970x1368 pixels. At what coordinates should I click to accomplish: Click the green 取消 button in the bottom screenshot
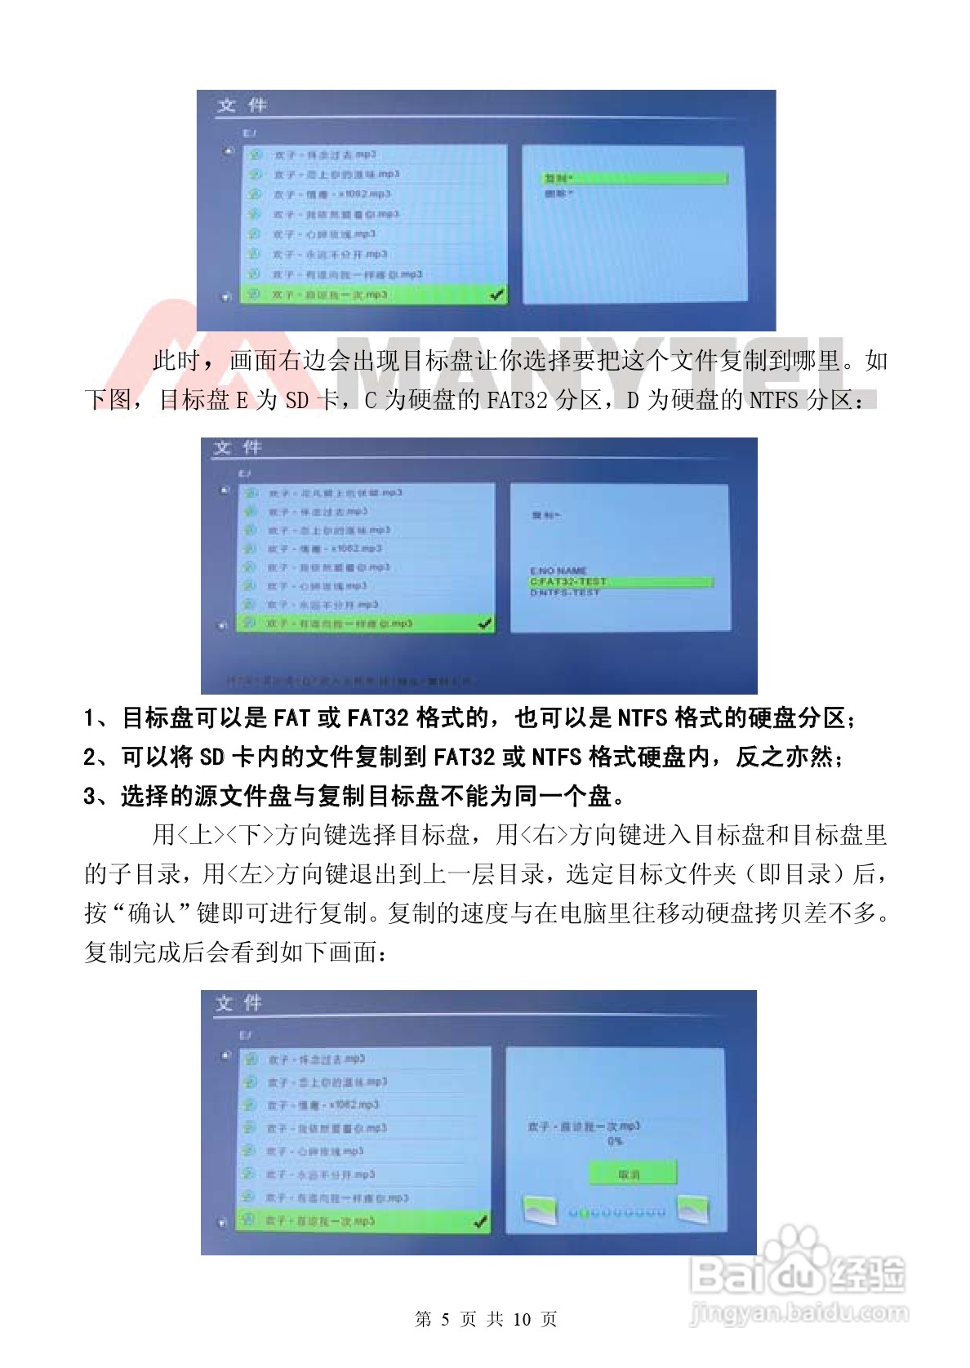(632, 1175)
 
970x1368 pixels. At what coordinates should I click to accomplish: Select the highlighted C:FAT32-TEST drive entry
(621, 582)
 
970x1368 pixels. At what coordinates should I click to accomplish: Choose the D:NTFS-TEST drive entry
(565, 593)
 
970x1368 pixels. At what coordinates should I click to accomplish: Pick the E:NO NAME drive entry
(558, 571)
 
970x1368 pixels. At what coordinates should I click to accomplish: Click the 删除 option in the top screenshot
(558, 193)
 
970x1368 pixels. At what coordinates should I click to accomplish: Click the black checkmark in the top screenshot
(496, 294)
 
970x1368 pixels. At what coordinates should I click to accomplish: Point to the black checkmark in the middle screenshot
(485, 623)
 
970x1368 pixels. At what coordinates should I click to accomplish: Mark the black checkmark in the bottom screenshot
(480, 1221)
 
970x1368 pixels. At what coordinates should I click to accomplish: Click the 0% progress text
(615, 1141)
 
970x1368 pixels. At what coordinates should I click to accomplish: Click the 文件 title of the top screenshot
(242, 105)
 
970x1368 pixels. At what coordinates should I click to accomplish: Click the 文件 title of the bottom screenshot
(238, 1003)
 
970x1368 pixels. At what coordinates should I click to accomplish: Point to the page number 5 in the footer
(445, 1319)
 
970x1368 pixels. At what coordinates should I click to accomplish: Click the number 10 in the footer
(523, 1319)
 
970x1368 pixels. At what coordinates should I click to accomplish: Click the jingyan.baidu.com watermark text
(798, 1313)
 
